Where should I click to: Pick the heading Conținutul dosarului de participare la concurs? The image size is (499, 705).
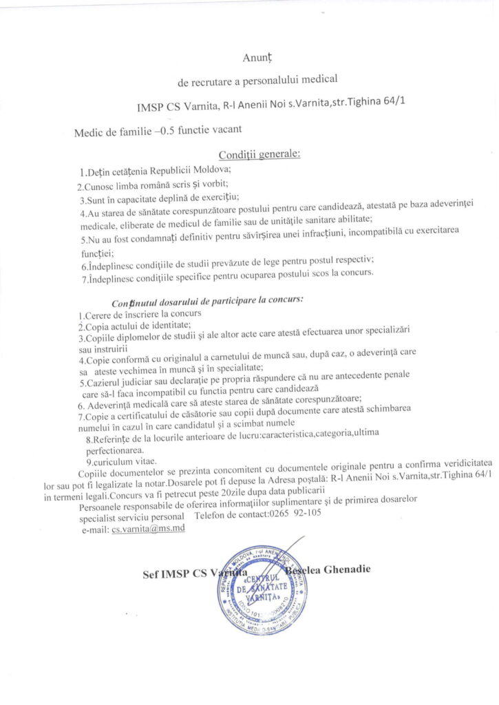point(207,301)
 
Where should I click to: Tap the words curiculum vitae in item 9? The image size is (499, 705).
point(126,461)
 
